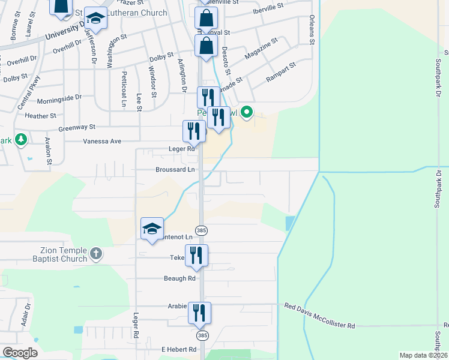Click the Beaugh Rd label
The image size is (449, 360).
pyautogui.click(x=179, y=278)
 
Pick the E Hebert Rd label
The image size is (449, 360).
pyautogui.click(x=178, y=349)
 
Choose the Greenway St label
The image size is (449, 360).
pyautogui.click(x=77, y=128)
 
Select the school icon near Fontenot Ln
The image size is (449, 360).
pyautogui.click(x=152, y=228)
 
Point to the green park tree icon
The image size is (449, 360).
pyautogui.click(x=21, y=140)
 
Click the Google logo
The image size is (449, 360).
pyautogui.click(x=20, y=353)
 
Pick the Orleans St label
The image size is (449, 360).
pyautogui.click(x=312, y=30)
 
